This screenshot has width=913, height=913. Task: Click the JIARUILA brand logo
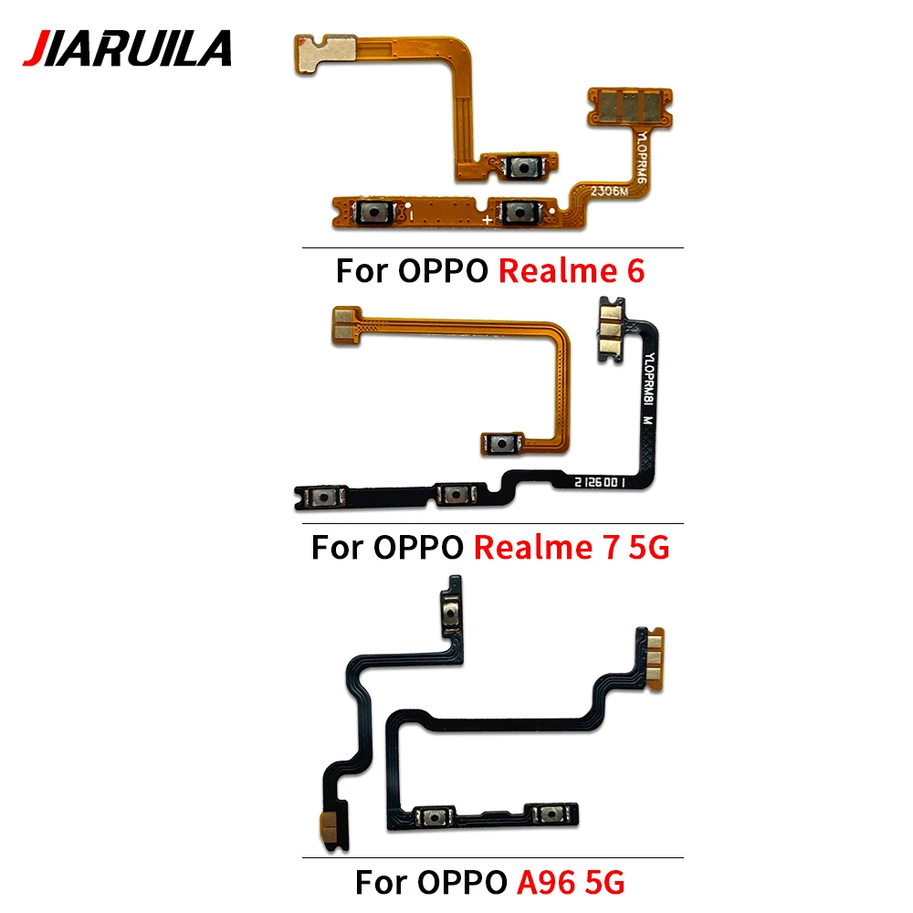point(127,48)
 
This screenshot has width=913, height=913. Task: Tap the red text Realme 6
point(572,271)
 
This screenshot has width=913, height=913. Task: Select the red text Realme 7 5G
point(572,547)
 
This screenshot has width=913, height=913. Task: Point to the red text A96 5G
point(572,882)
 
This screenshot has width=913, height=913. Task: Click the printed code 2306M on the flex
point(610,191)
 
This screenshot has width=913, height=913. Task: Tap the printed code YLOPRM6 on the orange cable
point(642,157)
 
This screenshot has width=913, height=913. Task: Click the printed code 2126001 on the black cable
point(600,482)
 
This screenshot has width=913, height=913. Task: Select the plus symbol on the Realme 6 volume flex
point(487,219)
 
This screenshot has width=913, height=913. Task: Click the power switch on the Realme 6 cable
point(523,168)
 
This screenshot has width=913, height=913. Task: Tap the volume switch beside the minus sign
point(373,212)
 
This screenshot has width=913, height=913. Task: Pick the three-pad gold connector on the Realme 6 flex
point(630,107)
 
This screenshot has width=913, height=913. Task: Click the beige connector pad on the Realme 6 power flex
point(324,53)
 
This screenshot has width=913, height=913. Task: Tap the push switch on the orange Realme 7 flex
point(501,444)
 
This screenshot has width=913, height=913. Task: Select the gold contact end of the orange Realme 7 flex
point(346,325)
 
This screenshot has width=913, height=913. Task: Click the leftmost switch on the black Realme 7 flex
point(324,497)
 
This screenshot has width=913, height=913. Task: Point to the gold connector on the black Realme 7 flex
point(611,330)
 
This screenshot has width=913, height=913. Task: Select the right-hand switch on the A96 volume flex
point(550,813)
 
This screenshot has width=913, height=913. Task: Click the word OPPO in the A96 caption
point(462,882)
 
